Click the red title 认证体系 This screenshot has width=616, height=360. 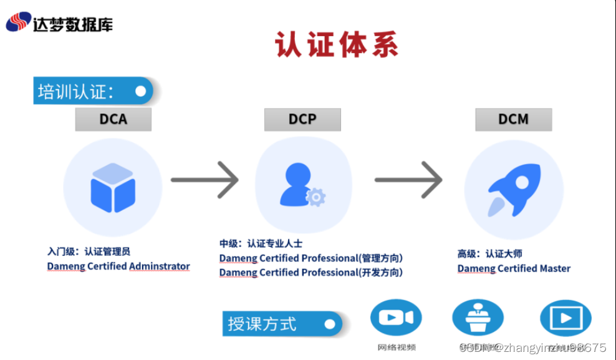[337, 45]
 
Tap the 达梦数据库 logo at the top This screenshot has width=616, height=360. [60, 23]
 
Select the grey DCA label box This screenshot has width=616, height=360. [113, 119]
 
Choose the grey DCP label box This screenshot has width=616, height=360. [302, 119]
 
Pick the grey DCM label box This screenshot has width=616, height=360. [513, 119]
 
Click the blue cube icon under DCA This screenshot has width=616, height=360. [113, 187]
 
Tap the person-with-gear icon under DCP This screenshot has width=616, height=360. [302, 185]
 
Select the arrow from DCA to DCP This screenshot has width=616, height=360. [205, 180]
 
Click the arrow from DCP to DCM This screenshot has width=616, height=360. [408, 180]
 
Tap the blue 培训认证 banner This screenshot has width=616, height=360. [93, 91]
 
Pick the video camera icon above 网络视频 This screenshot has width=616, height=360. [396, 318]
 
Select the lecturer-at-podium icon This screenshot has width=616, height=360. [478, 318]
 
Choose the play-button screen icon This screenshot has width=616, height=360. [565, 318]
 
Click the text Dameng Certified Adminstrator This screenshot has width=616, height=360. [118, 266]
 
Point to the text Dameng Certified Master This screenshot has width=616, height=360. [514, 268]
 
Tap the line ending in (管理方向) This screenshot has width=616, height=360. [310, 258]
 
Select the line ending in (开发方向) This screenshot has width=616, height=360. [310, 273]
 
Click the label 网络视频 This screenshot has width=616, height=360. [397, 348]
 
